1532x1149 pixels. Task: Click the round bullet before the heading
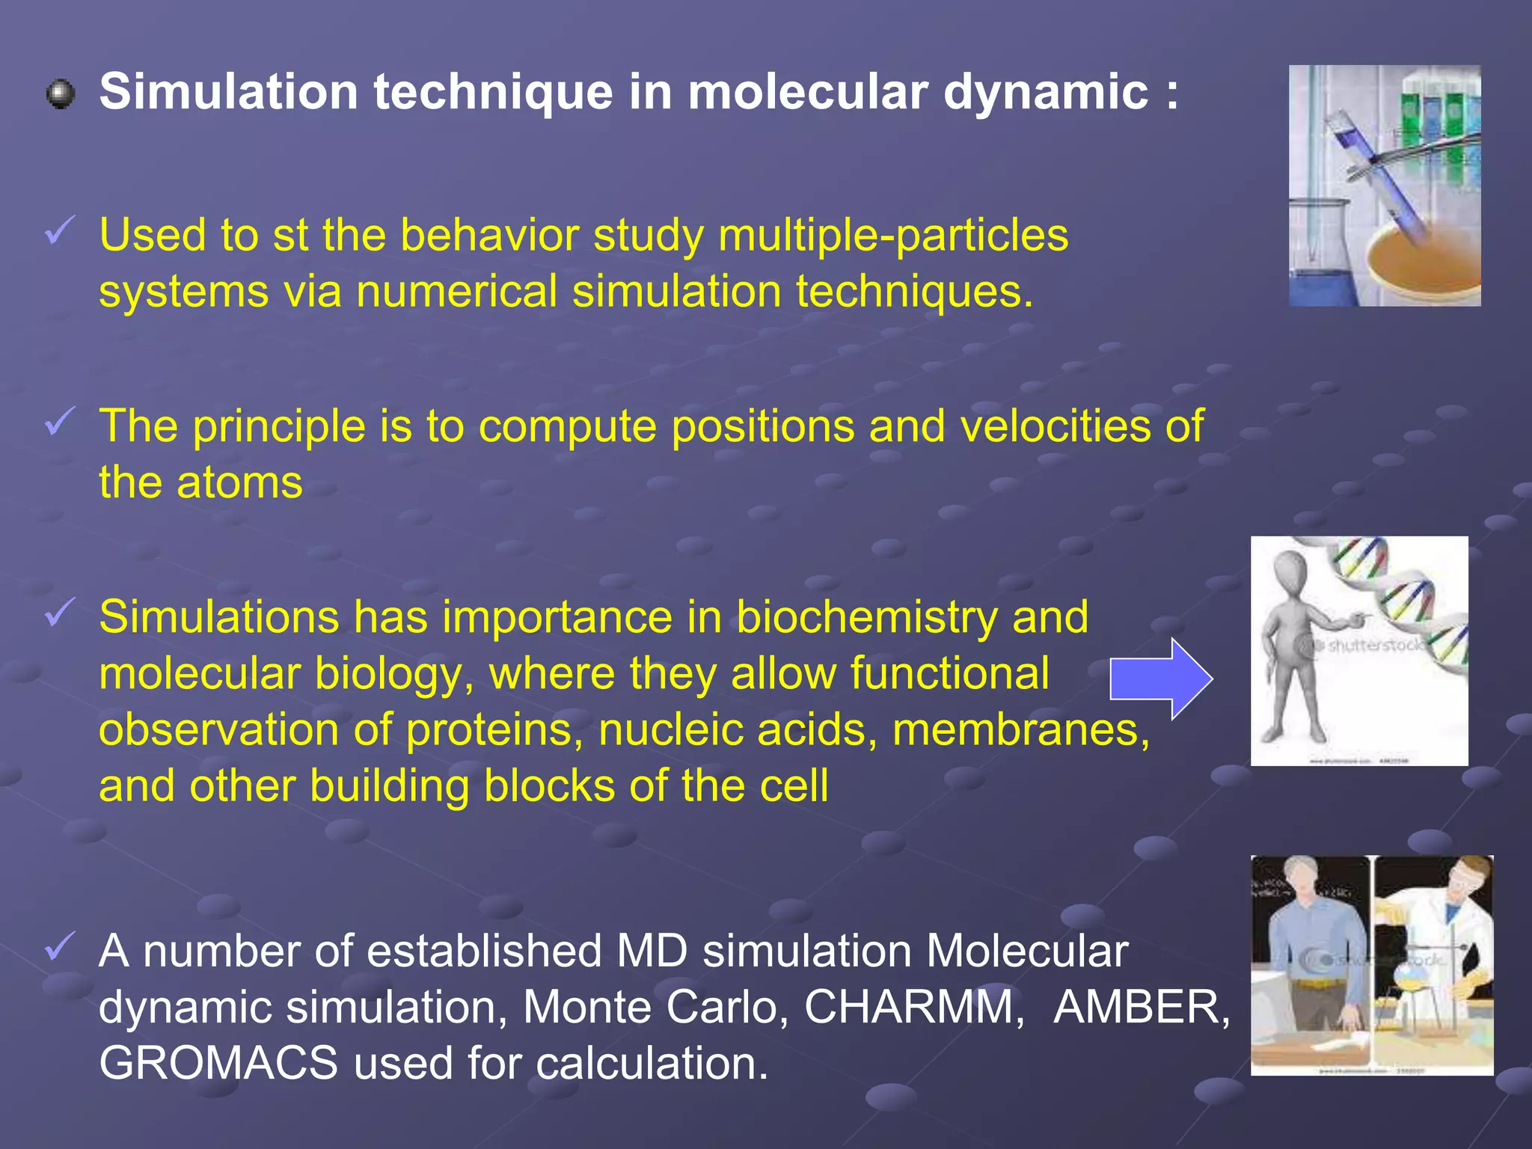coord(60,95)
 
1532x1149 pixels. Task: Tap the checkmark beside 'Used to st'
coord(59,230)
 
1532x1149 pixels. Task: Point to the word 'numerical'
coord(456,292)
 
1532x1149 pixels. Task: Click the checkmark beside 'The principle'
coord(59,421)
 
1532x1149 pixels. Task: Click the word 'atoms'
coord(239,483)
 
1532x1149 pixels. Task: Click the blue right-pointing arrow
coord(1160,679)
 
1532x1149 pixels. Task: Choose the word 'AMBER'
coord(1141,1007)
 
